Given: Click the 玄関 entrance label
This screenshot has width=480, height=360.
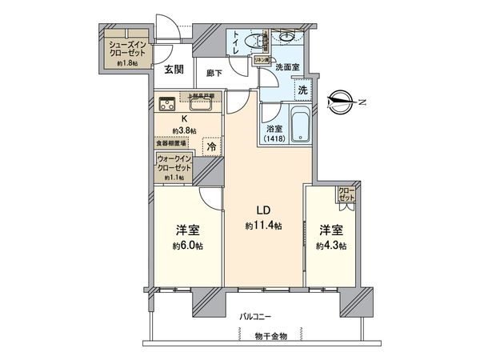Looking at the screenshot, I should pyautogui.click(x=174, y=70).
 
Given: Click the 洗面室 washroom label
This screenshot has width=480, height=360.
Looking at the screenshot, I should pyautogui.click(x=287, y=68).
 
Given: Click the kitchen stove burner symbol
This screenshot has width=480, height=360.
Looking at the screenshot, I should pyautogui.click(x=168, y=102).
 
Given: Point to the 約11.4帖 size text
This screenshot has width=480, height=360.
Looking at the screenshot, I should pyautogui.click(x=263, y=226).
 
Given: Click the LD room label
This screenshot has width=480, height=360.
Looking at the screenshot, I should pyautogui.click(x=262, y=211).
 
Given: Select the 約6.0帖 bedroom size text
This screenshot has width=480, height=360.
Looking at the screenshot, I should pyautogui.click(x=187, y=246).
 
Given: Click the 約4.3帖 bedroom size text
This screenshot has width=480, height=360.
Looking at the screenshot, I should pyautogui.click(x=330, y=246).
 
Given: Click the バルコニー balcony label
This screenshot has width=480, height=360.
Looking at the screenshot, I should pyautogui.click(x=257, y=318).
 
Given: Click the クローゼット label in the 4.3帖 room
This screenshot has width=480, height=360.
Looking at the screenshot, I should pyautogui.click(x=346, y=193).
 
